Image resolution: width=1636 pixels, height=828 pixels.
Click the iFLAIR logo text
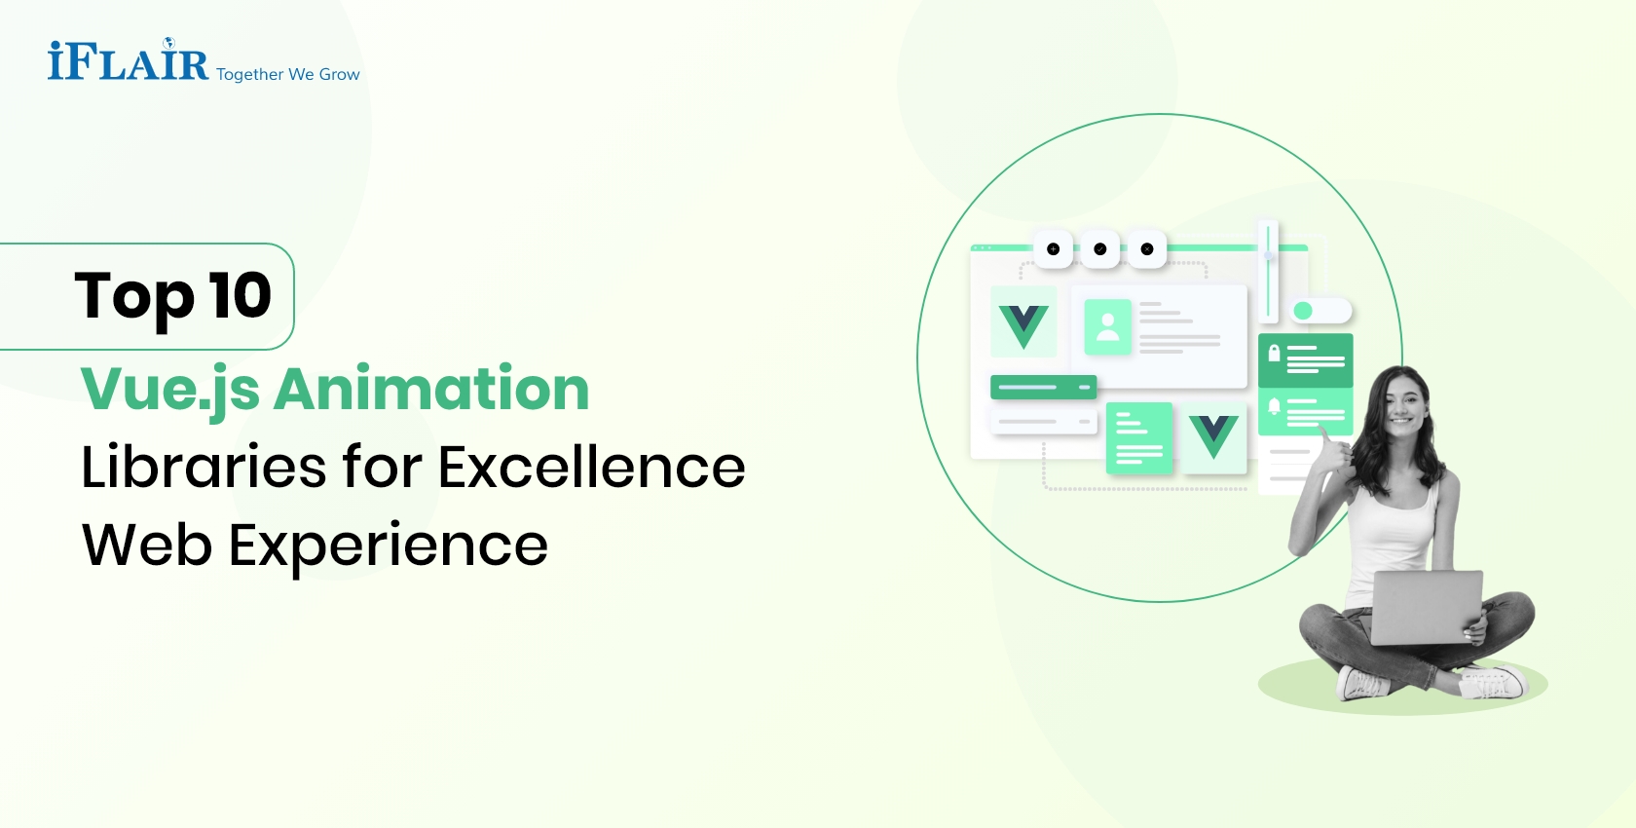[128, 62]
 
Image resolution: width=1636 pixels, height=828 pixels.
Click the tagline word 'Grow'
[339, 75]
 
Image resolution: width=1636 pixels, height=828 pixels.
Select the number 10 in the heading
[240, 295]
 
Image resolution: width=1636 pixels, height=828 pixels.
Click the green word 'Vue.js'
[169, 390]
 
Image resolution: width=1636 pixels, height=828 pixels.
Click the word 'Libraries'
[203, 467]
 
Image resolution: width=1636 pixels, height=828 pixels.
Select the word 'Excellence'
[591, 467]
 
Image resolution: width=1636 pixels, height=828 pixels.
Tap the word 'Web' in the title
[147, 545]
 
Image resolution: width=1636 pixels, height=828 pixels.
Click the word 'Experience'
[388, 546]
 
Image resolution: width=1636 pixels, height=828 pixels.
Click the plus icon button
[1053, 249]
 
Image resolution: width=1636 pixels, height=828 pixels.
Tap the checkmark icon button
[1099, 249]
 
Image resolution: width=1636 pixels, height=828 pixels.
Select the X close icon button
[1147, 249]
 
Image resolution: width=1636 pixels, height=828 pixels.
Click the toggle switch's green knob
[1303, 311]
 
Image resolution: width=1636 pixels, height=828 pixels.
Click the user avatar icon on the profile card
[1107, 326]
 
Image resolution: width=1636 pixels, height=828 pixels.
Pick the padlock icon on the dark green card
[1274, 354]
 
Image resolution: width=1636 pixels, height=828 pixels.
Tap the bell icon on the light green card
[1274, 406]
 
